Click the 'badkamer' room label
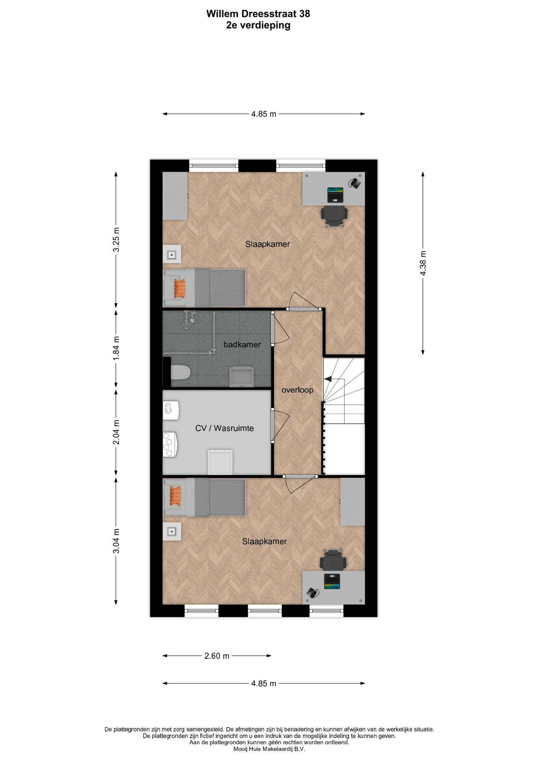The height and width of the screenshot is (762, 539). (242, 345)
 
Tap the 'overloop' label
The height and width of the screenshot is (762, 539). (297, 390)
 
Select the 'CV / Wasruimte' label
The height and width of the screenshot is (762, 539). (224, 428)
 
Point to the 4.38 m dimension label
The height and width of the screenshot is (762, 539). (423, 263)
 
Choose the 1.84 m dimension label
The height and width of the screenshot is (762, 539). (117, 348)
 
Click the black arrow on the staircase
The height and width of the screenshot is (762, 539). (328, 379)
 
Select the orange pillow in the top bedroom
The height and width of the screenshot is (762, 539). (179, 287)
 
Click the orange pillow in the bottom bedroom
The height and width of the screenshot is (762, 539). (175, 496)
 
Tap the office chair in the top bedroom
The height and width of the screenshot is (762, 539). (334, 215)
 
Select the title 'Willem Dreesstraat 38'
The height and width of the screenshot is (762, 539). (258, 14)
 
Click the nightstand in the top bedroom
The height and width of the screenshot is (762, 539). (172, 254)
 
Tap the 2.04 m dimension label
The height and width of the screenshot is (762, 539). (117, 432)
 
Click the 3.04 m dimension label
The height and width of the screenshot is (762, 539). (117, 541)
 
